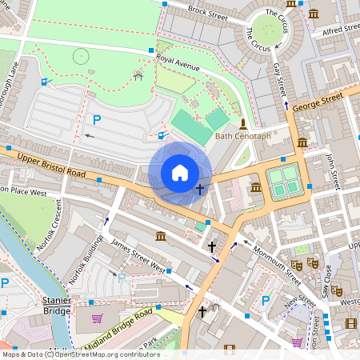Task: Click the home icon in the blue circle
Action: (180, 173)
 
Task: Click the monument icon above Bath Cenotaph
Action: (243, 123)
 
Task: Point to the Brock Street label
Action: (208, 12)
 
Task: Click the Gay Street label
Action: (279, 78)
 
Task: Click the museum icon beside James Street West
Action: (161, 236)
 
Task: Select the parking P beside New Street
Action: (266, 301)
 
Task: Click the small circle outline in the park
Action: (81, 56)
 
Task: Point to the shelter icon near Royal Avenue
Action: (138, 77)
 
